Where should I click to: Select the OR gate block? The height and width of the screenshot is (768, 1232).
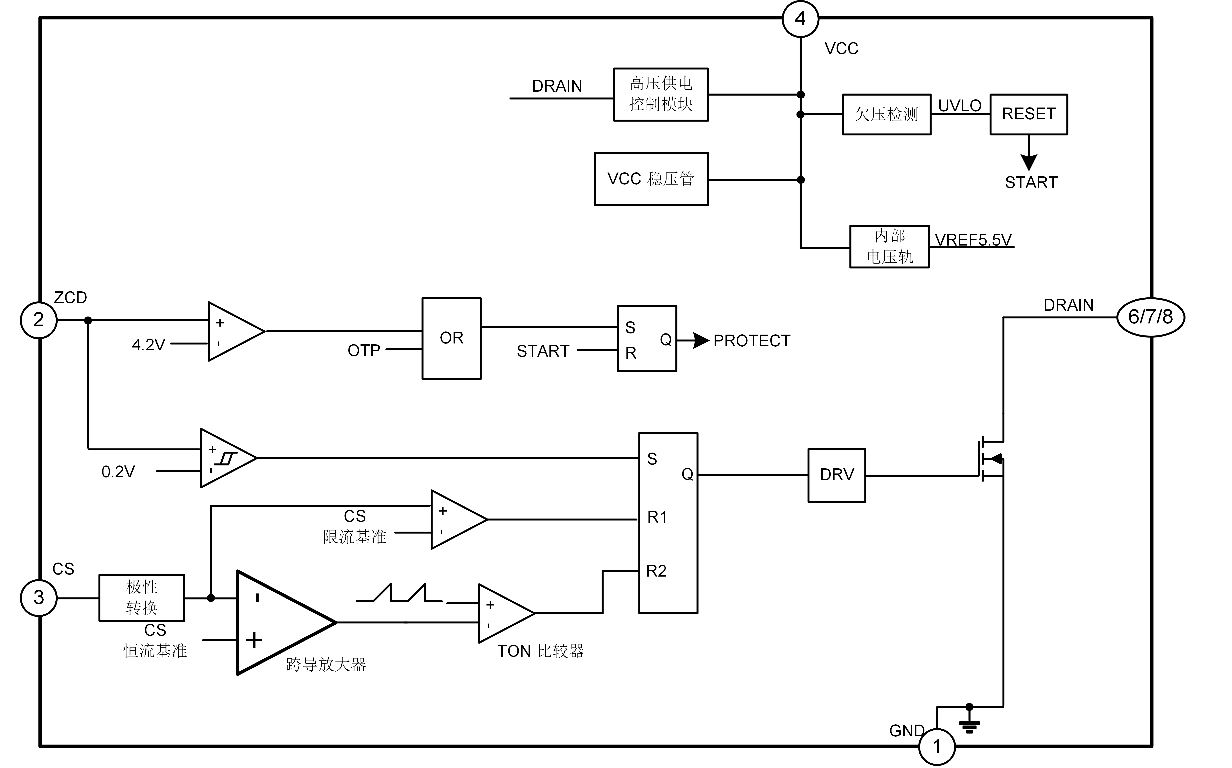pos(451,338)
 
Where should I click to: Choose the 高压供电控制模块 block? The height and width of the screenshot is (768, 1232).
pos(661,94)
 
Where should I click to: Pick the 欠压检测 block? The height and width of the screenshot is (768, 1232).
pos(886,114)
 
